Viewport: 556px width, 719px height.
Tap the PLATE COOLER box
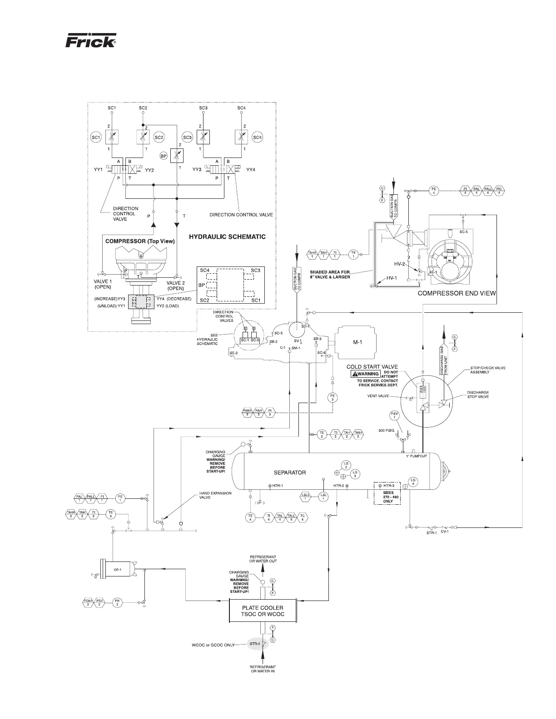click(x=263, y=611)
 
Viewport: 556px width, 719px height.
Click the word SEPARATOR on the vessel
click(x=290, y=473)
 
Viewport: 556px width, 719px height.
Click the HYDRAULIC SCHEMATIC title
click(x=227, y=236)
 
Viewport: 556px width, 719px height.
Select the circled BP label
click(x=164, y=156)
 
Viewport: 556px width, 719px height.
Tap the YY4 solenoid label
click(x=251, y=170)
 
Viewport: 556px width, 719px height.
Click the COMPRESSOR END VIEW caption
click(x=457, y=293)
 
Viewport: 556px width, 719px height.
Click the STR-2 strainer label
click(x=255, y=644)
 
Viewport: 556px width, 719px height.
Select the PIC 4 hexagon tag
click(x=499, y=190)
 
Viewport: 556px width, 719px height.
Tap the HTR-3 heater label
click(x=388, y=486)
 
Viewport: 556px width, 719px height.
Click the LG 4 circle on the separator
click(x=412, y=482)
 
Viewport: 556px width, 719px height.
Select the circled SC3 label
click(x=187, y=138)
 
